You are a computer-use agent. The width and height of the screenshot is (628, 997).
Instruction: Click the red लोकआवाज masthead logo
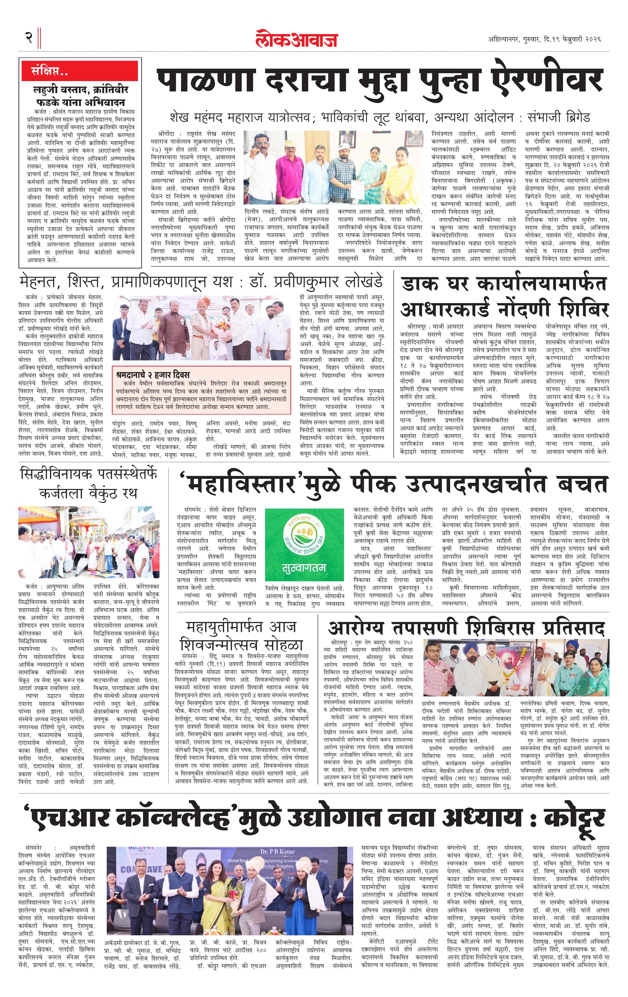coord(297,39)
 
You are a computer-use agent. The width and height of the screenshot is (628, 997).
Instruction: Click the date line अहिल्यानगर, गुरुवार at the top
coord(514,39)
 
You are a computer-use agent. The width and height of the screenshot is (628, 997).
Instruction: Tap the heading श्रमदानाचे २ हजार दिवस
coord(153,375)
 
